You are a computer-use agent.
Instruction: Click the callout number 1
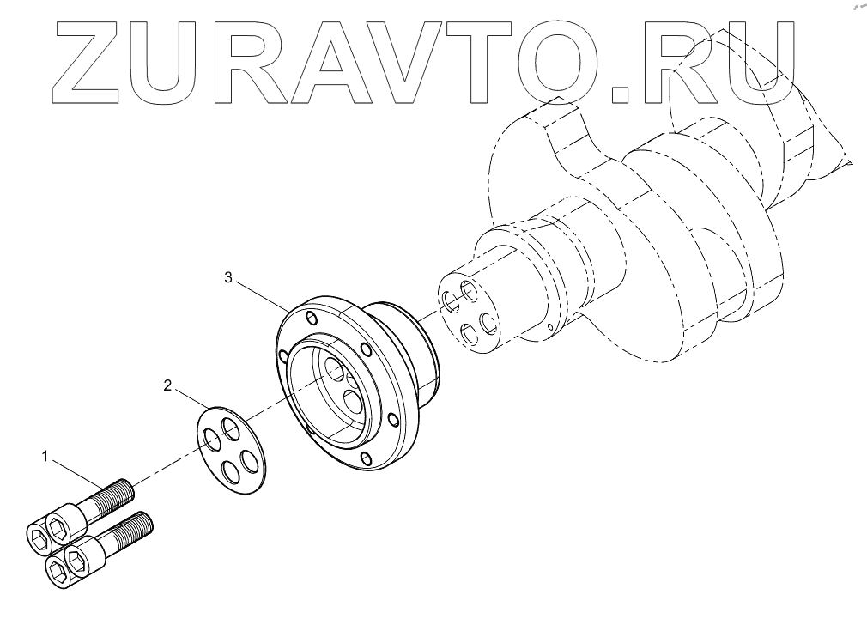pos(45,456)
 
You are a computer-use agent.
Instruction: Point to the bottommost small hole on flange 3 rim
pos(367,457)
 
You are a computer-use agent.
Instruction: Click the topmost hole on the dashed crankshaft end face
pos(469,289)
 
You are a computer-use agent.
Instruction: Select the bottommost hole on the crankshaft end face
pos(469,336)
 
